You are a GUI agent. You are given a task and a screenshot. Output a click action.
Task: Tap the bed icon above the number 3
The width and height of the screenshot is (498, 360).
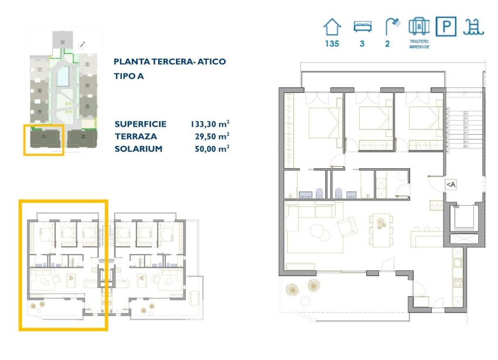pos(361,26)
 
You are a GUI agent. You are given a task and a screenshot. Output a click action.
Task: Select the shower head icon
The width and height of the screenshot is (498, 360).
pos(392,26)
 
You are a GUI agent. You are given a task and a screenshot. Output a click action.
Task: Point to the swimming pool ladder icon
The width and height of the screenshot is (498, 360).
pos(472,26)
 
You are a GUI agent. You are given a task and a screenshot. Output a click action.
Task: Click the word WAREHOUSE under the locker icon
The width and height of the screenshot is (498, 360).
pos(419,47)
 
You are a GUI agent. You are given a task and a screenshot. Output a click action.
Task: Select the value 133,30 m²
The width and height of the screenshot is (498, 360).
pos(209,124)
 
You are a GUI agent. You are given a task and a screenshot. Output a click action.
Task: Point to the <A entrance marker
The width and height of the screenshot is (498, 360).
pos(450,185)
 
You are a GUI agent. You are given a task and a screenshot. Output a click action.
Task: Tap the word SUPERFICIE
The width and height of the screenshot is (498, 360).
pos(141,124)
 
